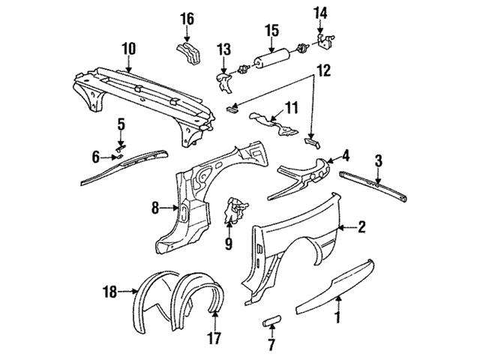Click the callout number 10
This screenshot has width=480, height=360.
(x=128, y=49)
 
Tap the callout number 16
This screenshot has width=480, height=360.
(x=187, y=19)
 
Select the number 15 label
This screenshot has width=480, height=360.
(x=271, y=31)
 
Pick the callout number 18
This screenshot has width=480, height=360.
(x=110, y=292)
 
